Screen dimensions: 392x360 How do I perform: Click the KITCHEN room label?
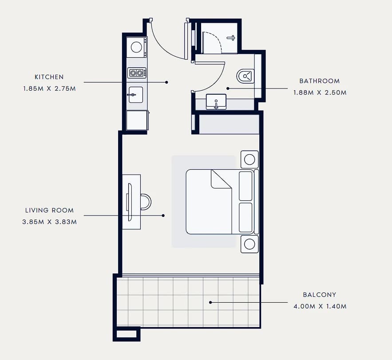pyautogui.click(x=49, y=77)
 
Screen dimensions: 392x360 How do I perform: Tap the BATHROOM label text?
pyautogui.click(x=320, y=81)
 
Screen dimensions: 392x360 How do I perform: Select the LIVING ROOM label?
pyautogui.click(x=50, y=210)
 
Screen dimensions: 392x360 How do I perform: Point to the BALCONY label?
pyautogui.click(x=320, y=295)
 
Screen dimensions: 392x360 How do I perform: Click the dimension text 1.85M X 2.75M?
pyautogui.click(x=50, y=88)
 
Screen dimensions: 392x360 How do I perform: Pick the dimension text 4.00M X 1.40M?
pyautogui.click(x=320, y=306)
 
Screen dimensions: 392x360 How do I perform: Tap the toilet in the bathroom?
pyautogui.click(x=245, y=76)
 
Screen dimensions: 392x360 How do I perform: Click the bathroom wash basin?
pyautogui.click(x=216, y=102)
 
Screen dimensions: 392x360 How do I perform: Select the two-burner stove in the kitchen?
pyautogui.click(x=136, y=73)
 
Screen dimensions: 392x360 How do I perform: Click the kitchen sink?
pyautogui.click(x=136, y=95)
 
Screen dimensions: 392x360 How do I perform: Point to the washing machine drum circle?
pyautogui.click(x=136, y=47)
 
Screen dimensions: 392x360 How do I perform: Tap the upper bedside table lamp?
pyautogui.click(x=249, y=159)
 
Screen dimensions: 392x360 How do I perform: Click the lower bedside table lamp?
pyautogui.click(x=249, y=244)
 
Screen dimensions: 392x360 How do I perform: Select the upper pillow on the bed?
pyautogui.click(x=245, y=186)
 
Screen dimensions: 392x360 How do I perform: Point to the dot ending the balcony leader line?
pyautogui.click(x=210, y=302)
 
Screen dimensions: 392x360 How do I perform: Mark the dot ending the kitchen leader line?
pyautogui.click(x=166, y=82)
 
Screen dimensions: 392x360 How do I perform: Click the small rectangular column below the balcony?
pyautogui.click(x=127, y=334)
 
